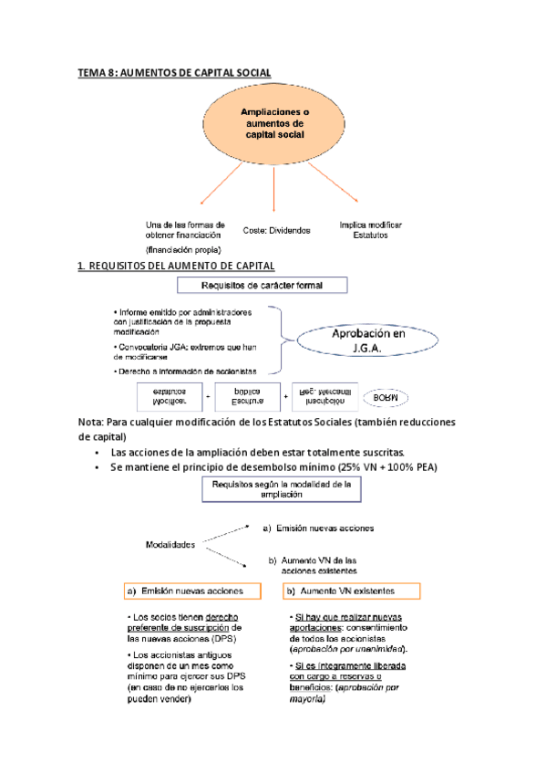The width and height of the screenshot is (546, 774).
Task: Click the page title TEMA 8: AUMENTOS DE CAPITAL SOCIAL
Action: [174, 72]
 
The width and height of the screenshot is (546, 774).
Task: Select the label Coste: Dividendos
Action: [276, 231]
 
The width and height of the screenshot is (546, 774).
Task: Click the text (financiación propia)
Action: [183, 249]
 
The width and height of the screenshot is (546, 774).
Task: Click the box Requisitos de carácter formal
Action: [274, 286]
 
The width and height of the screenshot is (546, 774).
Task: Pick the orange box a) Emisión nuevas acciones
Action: [191, 591]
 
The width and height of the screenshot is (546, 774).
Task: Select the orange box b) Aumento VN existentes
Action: [352, 591]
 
